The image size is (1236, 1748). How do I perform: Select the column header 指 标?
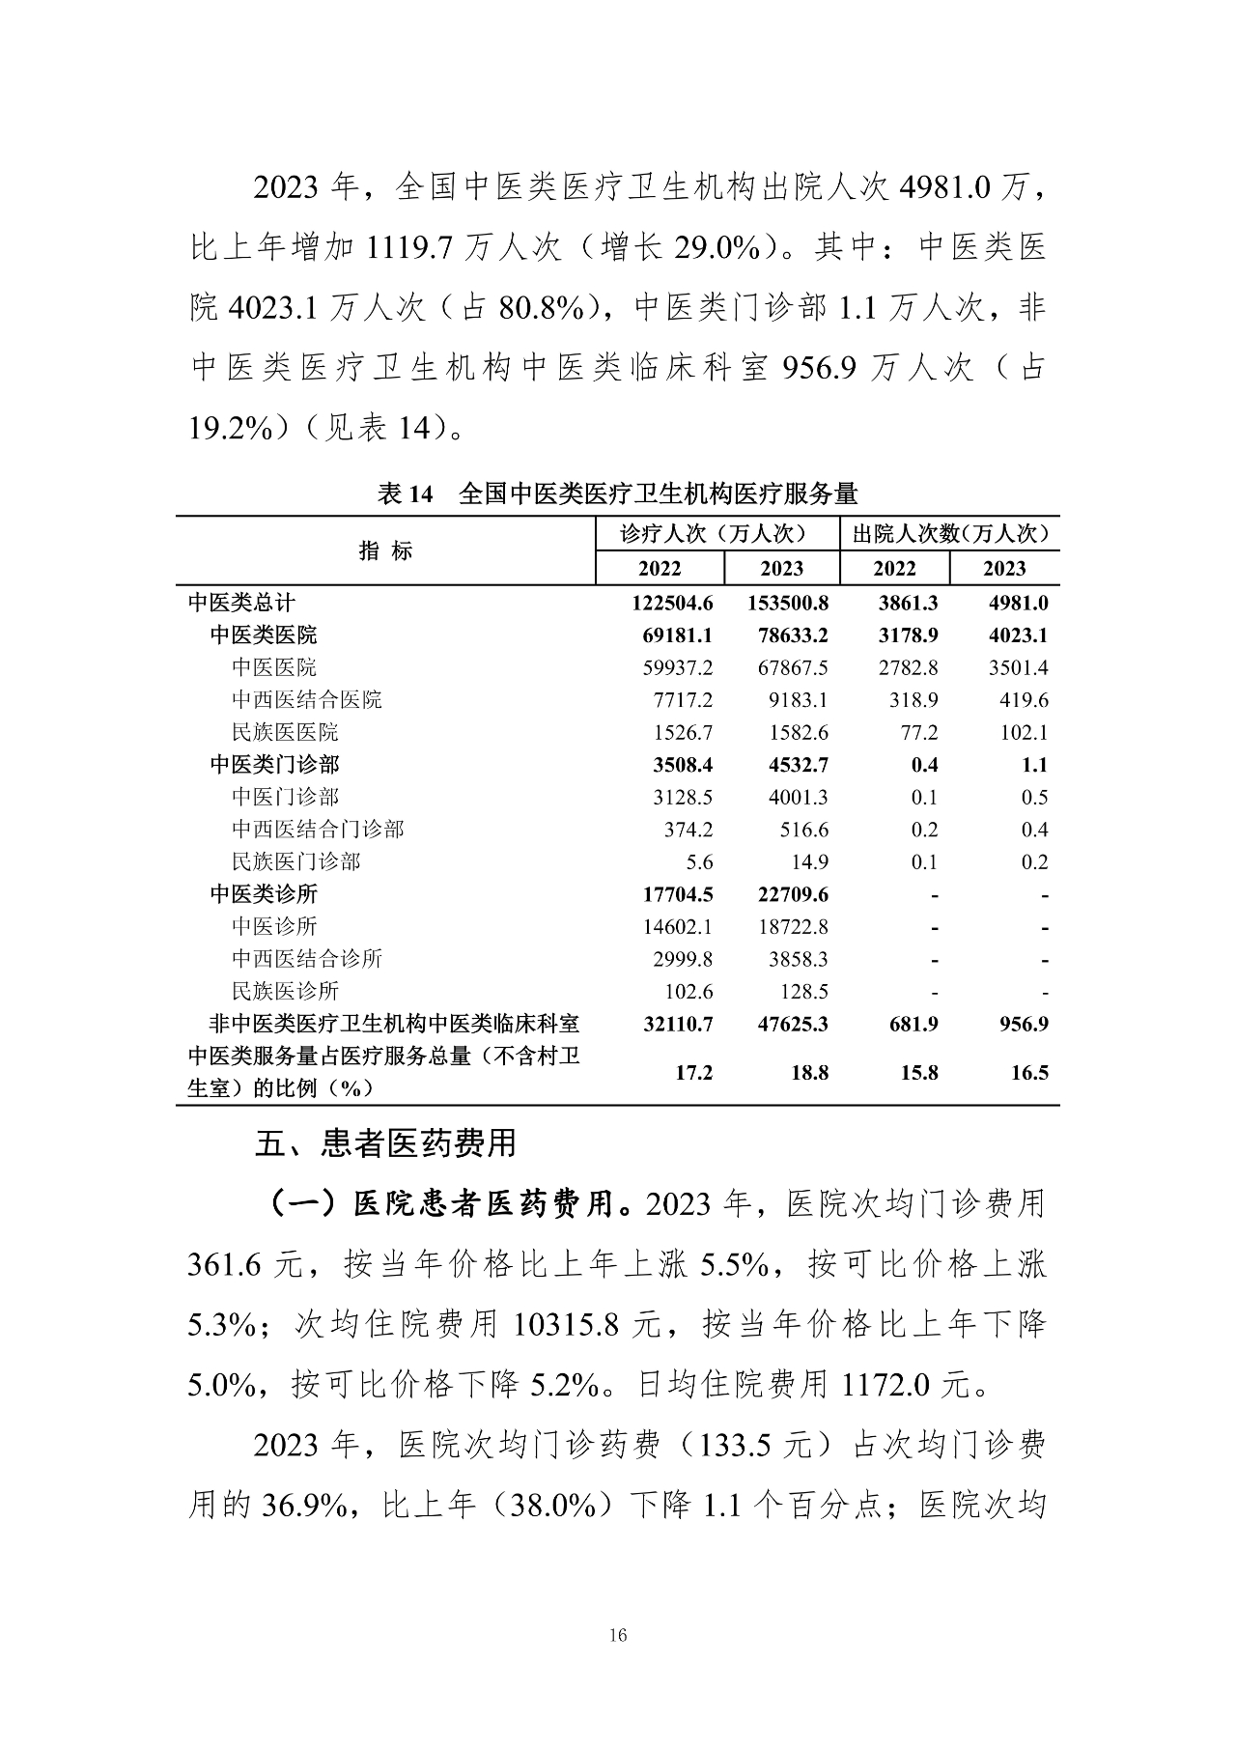point(385,550)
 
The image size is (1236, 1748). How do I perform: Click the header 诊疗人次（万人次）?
point(716,534)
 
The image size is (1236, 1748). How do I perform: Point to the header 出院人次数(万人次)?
point(950,534)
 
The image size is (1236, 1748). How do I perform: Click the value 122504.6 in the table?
point(673,604)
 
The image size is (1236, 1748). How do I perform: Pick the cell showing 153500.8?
point(788,604)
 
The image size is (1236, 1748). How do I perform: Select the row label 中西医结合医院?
point(307,700)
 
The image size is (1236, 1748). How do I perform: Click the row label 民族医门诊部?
point(296,861)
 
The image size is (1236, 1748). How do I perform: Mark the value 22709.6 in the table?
point(788,895)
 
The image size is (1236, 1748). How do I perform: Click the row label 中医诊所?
point(274,927)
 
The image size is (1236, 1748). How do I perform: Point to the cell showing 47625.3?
point(788,1025)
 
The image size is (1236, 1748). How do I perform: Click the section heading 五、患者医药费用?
point(385,1143)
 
